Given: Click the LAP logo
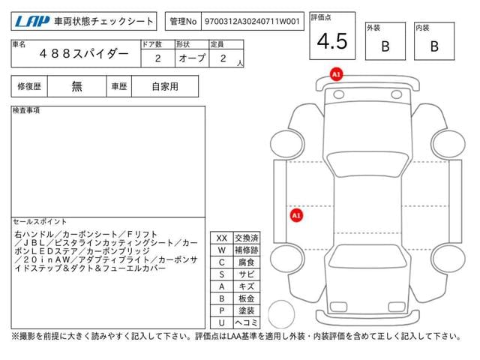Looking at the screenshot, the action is coord(32,21).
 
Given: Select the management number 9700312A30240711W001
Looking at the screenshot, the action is coord(252,21).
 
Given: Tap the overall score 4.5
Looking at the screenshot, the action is coord(332,41).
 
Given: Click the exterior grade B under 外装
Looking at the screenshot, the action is coord(385,46).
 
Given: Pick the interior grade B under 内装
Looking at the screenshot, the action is coord(434,46).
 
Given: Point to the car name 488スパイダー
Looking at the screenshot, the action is coord(84,54).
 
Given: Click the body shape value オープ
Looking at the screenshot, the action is coord(192,58).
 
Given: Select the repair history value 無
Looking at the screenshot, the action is coord(76,87).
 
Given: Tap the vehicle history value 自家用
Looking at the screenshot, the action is coord(165,87).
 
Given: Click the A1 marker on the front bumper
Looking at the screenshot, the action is coord(336,74).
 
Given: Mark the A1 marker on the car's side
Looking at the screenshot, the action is coord(296,215).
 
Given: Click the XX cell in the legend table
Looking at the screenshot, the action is coord(222,238).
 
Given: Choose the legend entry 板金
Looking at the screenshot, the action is coord(247,298).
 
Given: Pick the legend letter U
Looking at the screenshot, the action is coord(222,322).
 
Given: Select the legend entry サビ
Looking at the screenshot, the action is coord(247,274).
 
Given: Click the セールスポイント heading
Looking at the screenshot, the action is coord(40,222).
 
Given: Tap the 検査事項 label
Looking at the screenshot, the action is coord(26,110).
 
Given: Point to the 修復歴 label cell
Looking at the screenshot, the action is coord(29,87).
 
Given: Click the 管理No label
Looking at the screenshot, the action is coord(183,22).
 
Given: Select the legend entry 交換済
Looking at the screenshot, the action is coord(247,238).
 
